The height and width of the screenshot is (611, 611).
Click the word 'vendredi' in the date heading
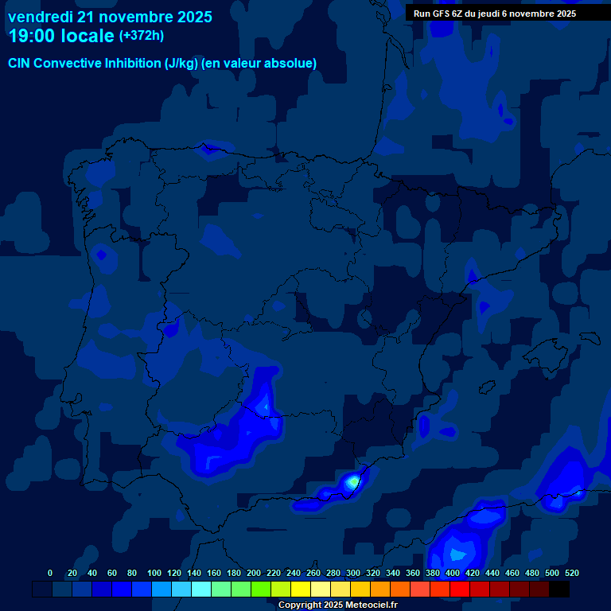pyautogui.click(x=40, y=17)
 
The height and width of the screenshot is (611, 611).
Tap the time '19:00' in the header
pyautogui.click(x=33, y=36)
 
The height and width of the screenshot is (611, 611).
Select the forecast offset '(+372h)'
pyautogui.click(x=141, y=36)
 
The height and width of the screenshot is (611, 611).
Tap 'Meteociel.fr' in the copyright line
pyautogui.click(x=367, y=605)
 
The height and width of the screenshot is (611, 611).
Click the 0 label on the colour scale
pyautogui.click(x=50, y=573)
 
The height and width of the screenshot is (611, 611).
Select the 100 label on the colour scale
pyautogui.click(x=154, y=573)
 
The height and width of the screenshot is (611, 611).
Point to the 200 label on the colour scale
pyautogui.click(x=254, y=573)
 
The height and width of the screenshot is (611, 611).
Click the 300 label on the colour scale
pyautogui.click(x=353, y=573)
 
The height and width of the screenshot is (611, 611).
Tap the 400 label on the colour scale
pyautogui.click(x=453, y=573)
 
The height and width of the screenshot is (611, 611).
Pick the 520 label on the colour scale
pyautogui.click(x=570, y=573)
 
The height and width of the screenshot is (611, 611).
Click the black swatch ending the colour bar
pyautogui.click(x=559, y=589)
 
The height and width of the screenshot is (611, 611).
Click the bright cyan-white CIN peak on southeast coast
pyautogui.click(x=352, y=481)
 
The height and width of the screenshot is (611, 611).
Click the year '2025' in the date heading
pyautogui.click(x=189, y=17)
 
